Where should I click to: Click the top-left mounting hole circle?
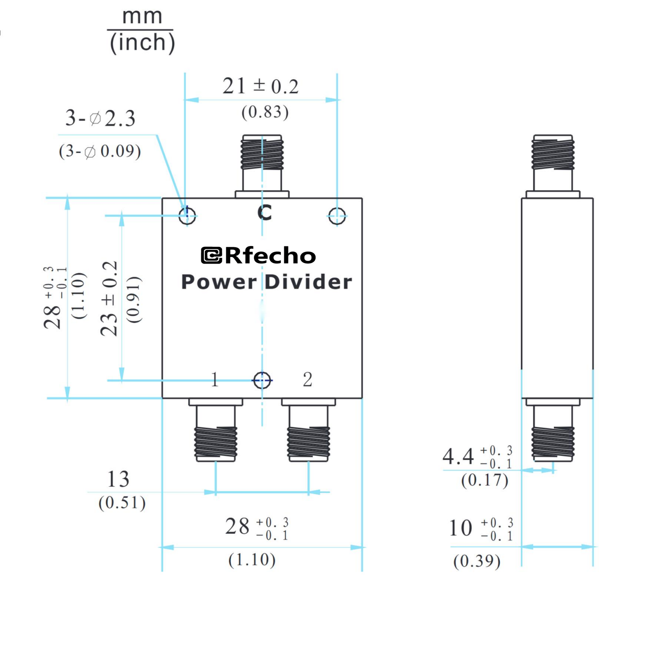pyautogui.click(x=187, y=215)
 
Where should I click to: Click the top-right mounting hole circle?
pyautogui.click(x=337, y=215)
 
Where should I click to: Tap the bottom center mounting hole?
pyautogui.click(x=262, y=380)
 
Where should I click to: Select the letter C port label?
pyautogui.click(x=265, y=213)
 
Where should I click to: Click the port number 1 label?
pyautogui.click(x=214, y=379)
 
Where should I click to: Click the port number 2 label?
pyautogui.click(x=308, y=379)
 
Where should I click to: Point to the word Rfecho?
pyautogui.click(x=270, y=256)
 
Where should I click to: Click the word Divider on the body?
pyautogui.click(x=309, y=282)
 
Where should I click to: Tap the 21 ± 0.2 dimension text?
pyautogui.click(x=260, y=86)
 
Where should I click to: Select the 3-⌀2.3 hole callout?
pyautogui.click(x=100, y=118)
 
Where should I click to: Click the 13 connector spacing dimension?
pyautogui.click(x=118, y=479)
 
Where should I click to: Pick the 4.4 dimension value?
pyautogui.click(x=458, y=456)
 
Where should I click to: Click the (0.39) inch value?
pyautogui.click(x=477, y=561)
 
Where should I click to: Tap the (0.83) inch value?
pyautogui.click(x=265, y=112)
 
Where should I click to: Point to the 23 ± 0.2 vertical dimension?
pyautogui.click(x=109, y=299)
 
